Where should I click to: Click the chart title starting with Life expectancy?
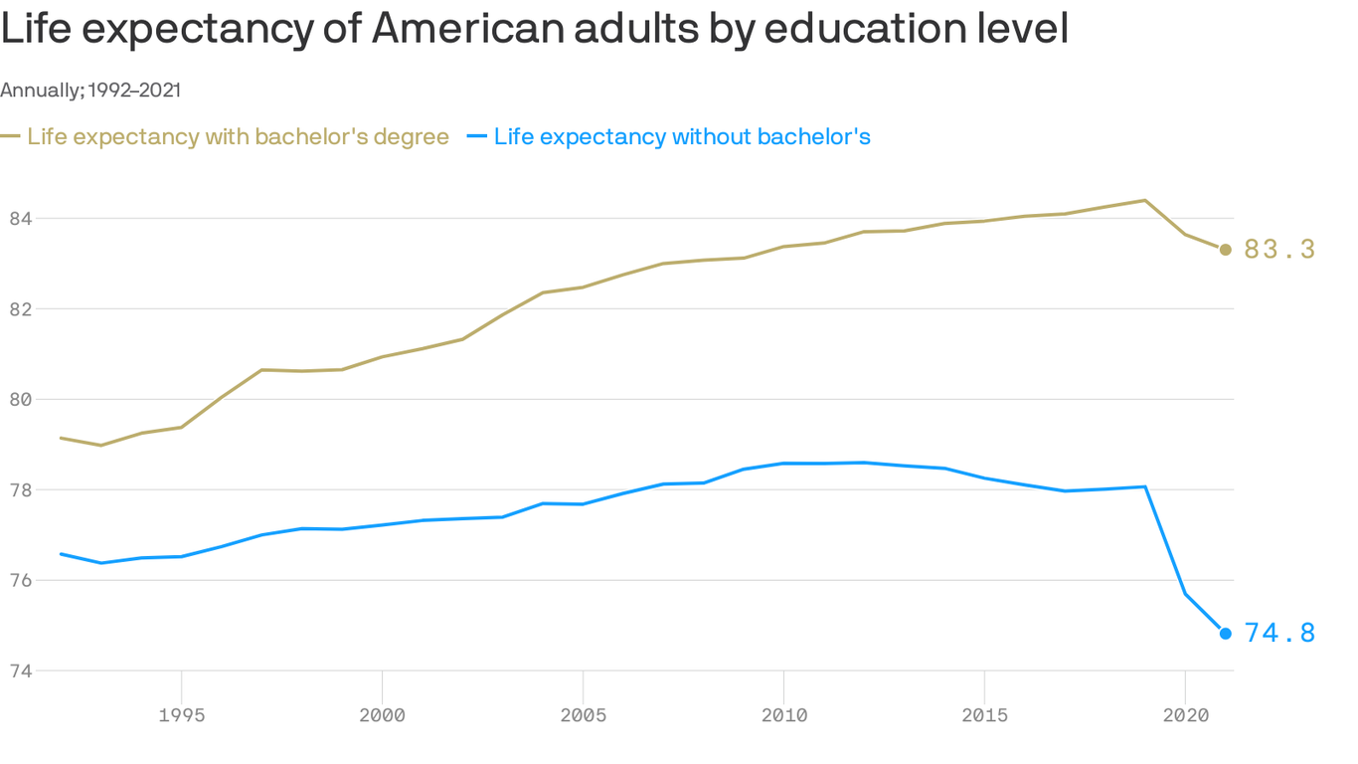click(534, 30)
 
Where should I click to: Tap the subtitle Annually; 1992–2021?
click(90, 91)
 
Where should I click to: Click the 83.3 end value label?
click(1279, 250)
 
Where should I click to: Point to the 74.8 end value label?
click(1279, 634)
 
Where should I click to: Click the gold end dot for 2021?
click(1226, 250)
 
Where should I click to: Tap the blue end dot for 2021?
click(1226, 634)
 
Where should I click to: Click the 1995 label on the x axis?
click(182, 715)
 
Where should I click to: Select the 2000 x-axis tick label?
click(383, 715)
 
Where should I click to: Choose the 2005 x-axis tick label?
click(583, 715)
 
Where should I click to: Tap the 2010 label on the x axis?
click(783, 715)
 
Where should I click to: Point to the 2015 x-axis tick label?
click(984, 715)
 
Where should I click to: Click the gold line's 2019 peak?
click(1145, 200)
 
